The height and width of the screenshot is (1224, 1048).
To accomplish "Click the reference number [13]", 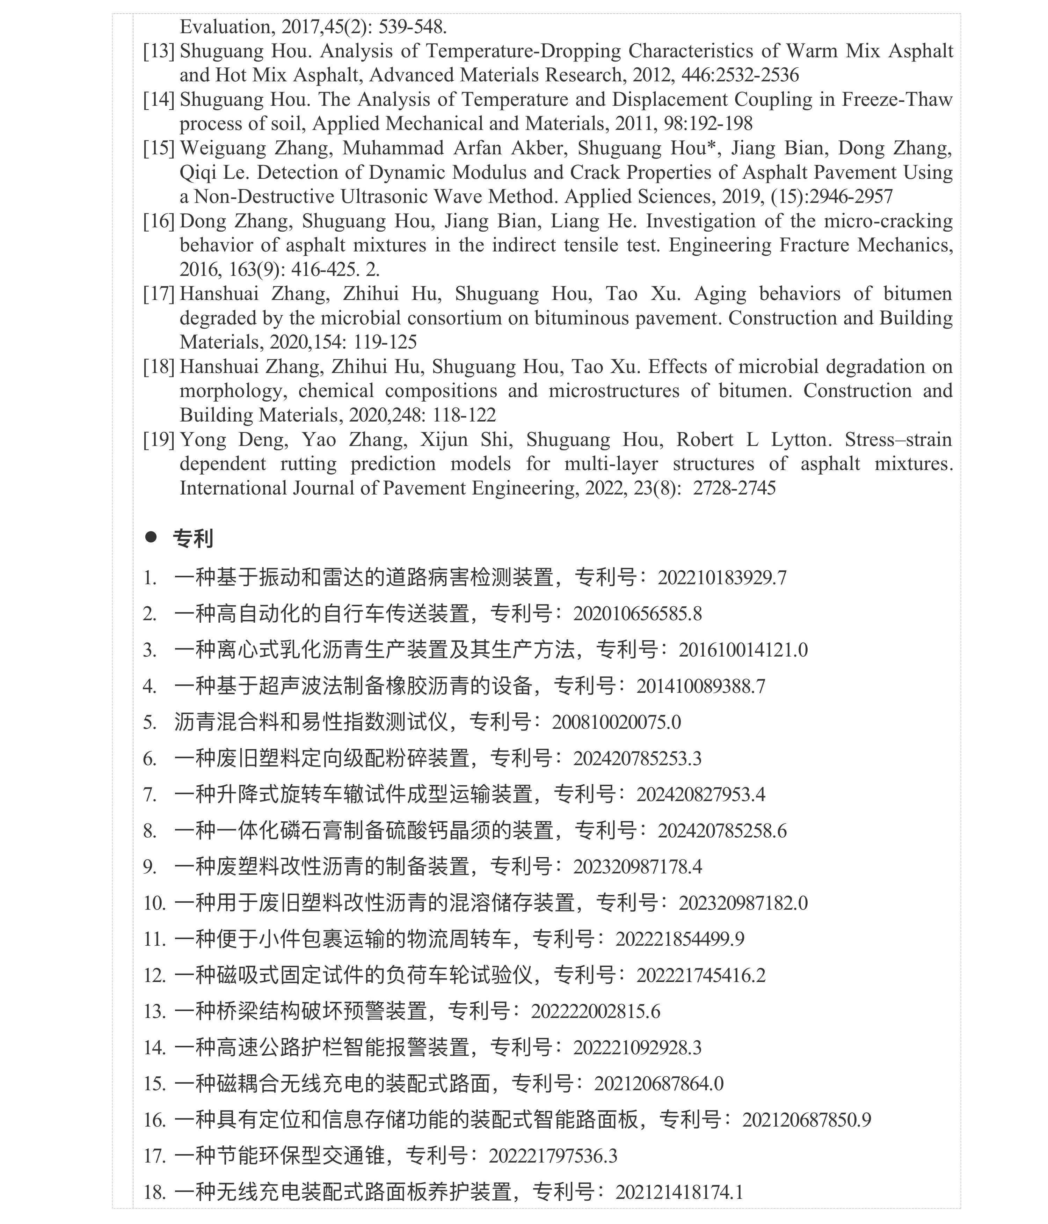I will (158, 51).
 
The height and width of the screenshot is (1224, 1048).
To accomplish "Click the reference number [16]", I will (158, 221).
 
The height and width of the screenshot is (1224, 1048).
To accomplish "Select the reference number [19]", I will (158, 440).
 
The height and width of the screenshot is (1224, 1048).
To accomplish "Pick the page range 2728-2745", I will (734, 489).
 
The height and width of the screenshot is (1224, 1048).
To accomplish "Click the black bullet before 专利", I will (151, 537).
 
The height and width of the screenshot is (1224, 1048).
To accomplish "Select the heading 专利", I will (193, 538).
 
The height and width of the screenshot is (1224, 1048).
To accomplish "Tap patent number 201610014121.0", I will (743, 650).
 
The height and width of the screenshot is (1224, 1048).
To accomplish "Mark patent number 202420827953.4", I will (700, 794).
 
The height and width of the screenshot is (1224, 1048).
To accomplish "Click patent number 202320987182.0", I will (743, 903).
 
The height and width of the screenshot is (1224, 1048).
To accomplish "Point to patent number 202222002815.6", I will (595, 1012).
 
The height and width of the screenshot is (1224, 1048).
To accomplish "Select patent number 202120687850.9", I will (806, 1120).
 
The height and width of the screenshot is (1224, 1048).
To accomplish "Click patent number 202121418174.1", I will (679, 1192).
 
